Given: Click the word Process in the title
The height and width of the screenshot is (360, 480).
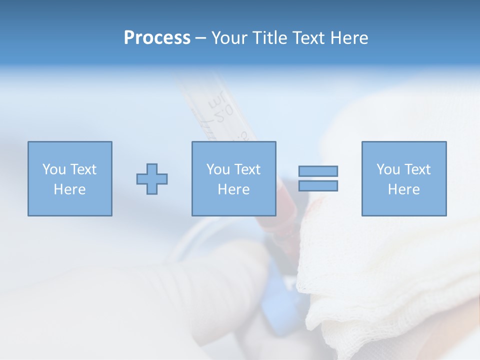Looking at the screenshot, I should tap(157, 38).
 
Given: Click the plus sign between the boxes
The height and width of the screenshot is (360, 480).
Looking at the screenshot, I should tap(152, 178).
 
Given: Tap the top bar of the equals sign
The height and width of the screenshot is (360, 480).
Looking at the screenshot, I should tap(318, 171).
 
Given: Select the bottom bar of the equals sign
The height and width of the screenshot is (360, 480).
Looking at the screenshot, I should tap(318, 186).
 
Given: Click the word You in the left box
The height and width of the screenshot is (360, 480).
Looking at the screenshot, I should tap(54, 169).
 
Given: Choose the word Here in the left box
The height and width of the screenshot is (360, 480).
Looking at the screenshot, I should tap(69, 189).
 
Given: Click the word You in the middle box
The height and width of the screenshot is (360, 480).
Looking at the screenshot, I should tap(218, 169).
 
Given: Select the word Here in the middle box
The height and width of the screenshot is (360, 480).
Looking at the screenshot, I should tap(233, 189).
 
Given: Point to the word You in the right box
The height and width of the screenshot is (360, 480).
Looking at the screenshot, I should tap(388, 169).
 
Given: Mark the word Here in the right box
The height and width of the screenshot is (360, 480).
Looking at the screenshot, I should tap(403, 189).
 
